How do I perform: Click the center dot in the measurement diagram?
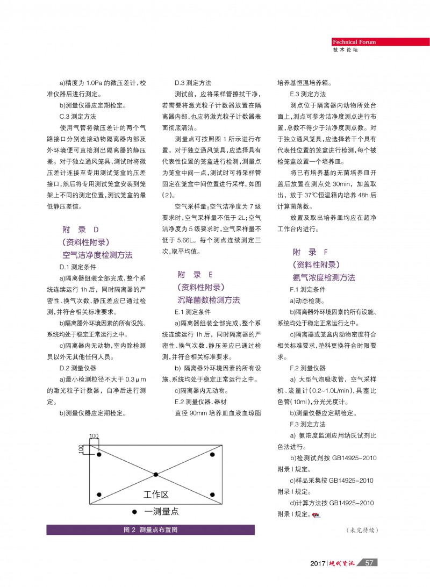pyautogui.click(x=156, y=474)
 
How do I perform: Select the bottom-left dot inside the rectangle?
pyautogui.click(x=99, y=495)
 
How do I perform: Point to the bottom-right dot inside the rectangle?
pyautogui.click(x=212, y=495)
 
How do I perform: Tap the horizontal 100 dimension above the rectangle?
pyautogui.click(x=94, y=436)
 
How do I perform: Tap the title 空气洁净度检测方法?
pyautogui.click(x=97, y=254)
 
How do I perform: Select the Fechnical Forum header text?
pyautogui.click(x=354, y=42)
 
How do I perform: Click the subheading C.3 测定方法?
pyautogui.click(x=77, y=116)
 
